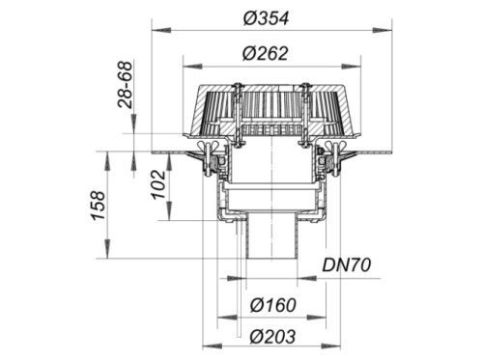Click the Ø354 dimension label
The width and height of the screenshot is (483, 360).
266,18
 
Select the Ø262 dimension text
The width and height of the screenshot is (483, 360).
265,54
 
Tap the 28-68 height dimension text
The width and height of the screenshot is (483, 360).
125,85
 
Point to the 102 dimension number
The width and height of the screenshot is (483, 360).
158,184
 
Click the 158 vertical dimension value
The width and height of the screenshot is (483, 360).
98,206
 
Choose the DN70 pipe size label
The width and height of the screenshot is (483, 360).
347,265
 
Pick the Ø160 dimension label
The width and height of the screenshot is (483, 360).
273,305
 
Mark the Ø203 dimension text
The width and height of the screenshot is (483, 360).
273,337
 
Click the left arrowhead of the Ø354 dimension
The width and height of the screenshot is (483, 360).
160,31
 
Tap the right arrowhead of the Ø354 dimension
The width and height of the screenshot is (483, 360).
383,31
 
